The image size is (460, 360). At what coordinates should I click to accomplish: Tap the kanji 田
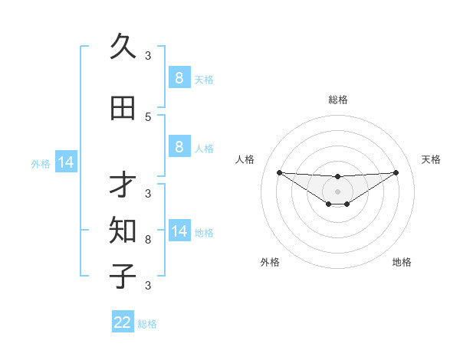tap(123, 108)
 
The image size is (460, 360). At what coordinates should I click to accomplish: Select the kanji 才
tap(123, 185)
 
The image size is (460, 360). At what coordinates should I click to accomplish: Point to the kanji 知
tap(123, 229)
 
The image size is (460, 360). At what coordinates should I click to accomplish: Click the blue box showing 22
tap(123, 322)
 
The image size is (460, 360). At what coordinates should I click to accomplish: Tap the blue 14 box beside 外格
tap(66, 162)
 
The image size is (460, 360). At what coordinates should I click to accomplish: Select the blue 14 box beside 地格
tap(179, 231)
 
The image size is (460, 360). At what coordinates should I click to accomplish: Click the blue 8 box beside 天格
tap(179, 78)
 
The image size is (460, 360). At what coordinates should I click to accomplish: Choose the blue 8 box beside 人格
tap(179, 146)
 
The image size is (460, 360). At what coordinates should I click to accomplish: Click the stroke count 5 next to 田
tap(148, 117)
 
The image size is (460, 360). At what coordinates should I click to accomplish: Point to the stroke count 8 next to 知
tap(148, 240)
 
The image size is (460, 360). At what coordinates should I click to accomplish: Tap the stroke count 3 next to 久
tap(148, 55)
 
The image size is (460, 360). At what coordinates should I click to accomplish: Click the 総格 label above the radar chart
tap(338, 100)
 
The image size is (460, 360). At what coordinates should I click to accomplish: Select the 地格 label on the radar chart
tap(402, 262)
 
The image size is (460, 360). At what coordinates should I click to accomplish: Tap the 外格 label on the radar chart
tap(270, 262)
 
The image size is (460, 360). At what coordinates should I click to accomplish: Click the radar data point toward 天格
tap(396, 172)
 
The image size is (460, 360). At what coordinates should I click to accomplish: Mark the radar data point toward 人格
tap(279, 172)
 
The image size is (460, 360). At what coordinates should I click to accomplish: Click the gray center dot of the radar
tap(337, 191)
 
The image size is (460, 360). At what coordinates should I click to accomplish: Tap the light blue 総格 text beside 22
tap(147, 324)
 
